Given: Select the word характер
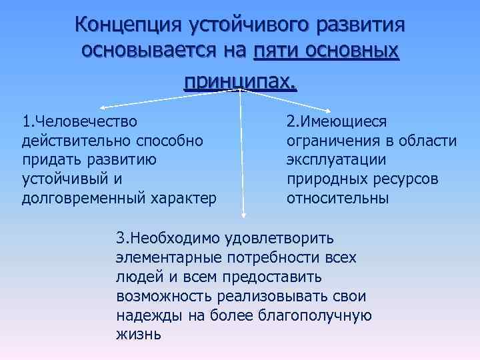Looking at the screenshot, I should pyautogui.click(x=186, y=199).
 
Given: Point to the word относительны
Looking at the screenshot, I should pyautogui.click(x=337, y=199).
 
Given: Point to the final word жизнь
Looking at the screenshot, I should pyautogui.click(x=139, y=335).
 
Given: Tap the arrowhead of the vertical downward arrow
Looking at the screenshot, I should pyautogui.click(x=243, y=215).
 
